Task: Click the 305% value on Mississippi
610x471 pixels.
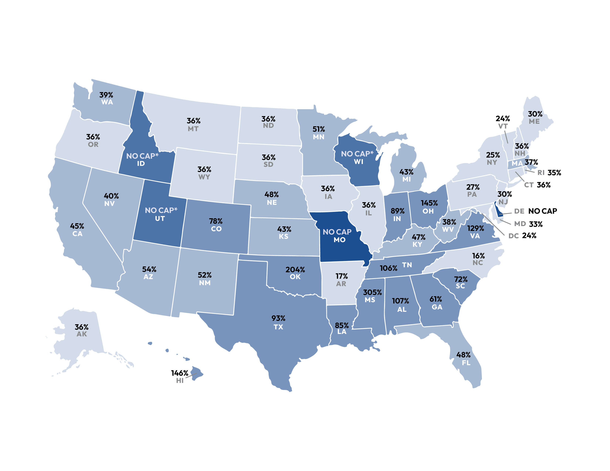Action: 372,292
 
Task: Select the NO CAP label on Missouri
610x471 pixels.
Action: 337,232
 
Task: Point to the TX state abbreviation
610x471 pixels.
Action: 278,327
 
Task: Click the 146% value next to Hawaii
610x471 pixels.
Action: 180,373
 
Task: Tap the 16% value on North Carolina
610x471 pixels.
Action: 478,256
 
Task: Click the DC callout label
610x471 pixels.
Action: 513,236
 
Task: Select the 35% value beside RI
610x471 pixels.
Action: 554,173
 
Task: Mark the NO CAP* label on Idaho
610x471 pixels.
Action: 142,156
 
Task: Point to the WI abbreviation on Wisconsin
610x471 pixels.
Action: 358,162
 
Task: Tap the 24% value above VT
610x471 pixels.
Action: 503,119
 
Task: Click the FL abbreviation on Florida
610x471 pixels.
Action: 466,363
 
